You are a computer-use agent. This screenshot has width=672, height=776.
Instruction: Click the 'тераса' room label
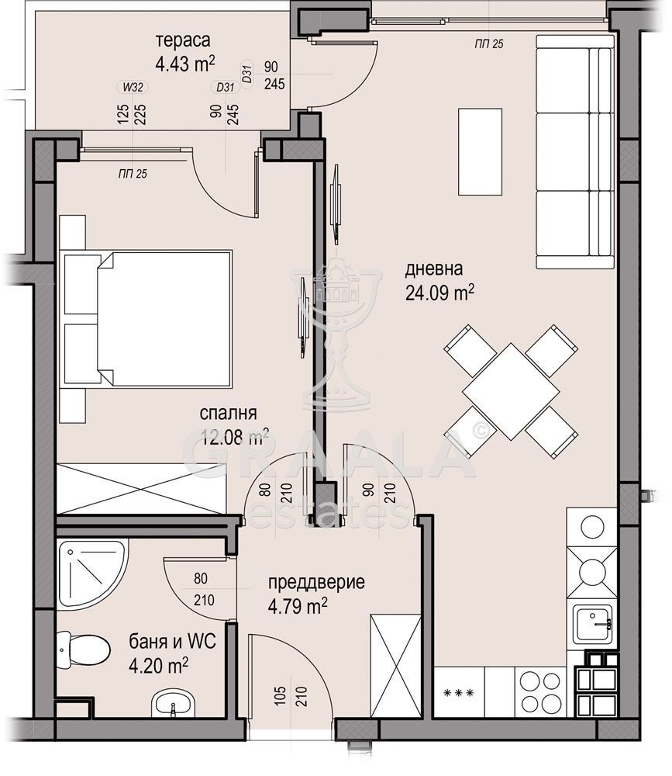(x=183, y=40)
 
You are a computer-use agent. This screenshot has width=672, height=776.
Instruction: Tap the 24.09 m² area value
(x=439, y=293)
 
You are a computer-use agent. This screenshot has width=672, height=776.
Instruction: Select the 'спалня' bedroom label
(x=228, y=413)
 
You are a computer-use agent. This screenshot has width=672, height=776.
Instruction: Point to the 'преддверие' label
(x=316, y=582)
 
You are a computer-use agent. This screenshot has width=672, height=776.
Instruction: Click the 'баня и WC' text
(x=173, y=642)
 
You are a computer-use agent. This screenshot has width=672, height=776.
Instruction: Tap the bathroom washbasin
(x=173, y=703)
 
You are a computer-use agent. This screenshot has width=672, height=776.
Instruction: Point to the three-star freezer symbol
(x=460, y=693)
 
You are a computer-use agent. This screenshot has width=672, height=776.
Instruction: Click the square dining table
(x=511, y=391)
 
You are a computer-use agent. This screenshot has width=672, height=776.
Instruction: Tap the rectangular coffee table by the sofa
(x=480, y=152)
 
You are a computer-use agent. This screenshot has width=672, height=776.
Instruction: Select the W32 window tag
(x=133, y=88)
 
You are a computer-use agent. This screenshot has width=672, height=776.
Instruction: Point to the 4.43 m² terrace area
(x=185, y=64)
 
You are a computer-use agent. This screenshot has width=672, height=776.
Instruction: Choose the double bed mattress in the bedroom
(x=164, y=318)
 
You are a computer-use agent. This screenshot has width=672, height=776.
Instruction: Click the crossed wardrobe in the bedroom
(x=141, y=489)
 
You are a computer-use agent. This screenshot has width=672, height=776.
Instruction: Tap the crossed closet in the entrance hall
(x=396, y=665)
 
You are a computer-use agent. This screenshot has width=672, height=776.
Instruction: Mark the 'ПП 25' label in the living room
(x=489, y=44)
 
